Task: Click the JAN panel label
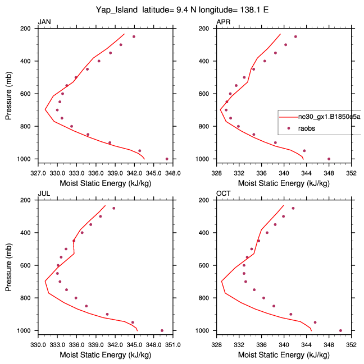pos(44,22)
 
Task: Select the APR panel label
pos(224,22)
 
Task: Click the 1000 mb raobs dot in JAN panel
pos(167,159)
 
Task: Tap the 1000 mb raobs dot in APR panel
pos(329,159)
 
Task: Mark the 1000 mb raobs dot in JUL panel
pos(162,330)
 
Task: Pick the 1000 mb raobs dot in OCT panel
pos(340,330)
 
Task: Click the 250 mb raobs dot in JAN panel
pos(134,37)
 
